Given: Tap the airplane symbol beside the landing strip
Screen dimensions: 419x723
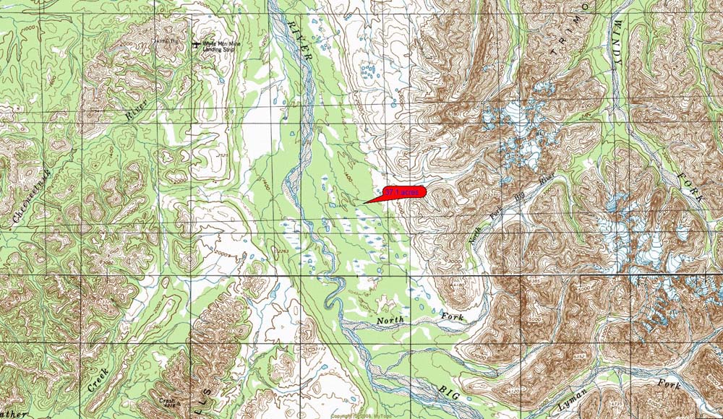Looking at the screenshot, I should (197, 45).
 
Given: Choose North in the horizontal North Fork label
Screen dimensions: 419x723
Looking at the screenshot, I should (392, 320).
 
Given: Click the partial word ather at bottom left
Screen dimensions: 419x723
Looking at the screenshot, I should (13, 414).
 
